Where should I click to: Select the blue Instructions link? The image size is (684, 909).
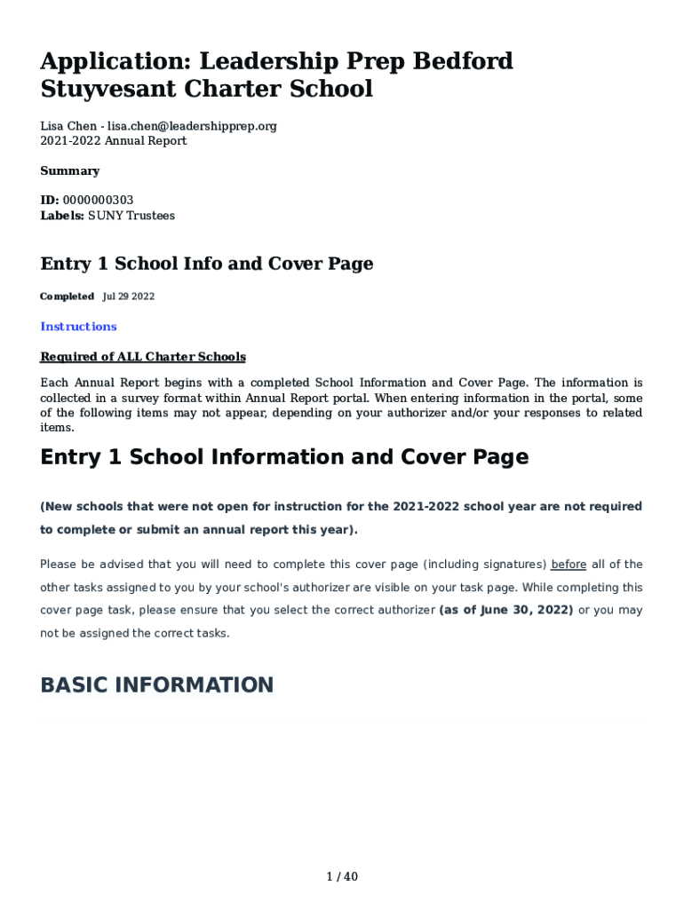click(78, 327)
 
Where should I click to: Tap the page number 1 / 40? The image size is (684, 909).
click(342, 877)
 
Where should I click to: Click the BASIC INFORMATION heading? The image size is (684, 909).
click(157, 685)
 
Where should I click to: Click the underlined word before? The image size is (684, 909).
click(569, 565)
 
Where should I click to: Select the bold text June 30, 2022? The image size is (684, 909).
click(508, 611)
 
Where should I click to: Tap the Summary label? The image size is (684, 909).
click(70, 170)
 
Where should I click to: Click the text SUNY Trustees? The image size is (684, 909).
click(131, 216)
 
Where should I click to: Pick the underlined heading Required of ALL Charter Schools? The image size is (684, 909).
click(143, 357)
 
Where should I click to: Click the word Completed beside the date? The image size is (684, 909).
click(67, 296)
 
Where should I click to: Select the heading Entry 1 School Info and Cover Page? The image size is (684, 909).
click(207, 264)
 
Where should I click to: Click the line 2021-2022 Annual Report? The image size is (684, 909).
click(114, 141)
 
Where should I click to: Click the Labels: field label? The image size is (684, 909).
click(62, 216)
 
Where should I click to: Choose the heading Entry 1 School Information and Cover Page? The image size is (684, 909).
click(284, 457)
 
